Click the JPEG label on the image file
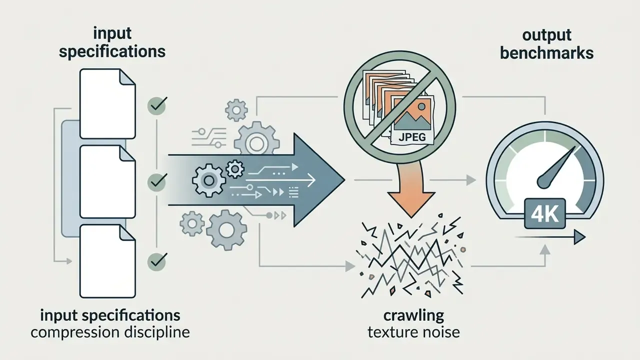(411, 137)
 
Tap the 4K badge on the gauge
(545, 213)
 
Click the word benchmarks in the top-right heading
(546, 53)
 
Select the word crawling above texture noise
(413, 316)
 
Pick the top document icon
(107, 103)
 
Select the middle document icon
(107, 181)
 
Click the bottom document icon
(107, 261)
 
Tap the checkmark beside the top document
(157, 105)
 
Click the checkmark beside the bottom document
(157, 261)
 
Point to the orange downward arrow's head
(411, 204)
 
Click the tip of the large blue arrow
(345, 180)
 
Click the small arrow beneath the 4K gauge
(550, 237)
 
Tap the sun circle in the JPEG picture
(421, 107)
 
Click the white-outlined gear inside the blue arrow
(209, 180)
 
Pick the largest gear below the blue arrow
(226, 229)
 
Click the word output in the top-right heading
(547, 35)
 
